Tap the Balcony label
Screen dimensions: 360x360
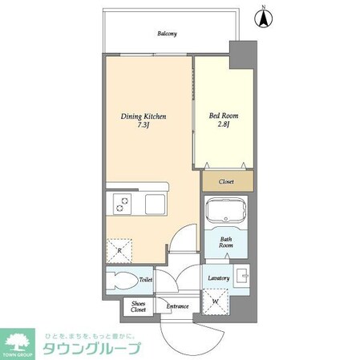coord(167,34)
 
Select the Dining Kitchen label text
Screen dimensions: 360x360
coord(143,116)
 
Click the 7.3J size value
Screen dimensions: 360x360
coord(143,127)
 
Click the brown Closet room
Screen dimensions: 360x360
coord(226,182)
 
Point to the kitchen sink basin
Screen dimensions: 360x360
coord(155,205)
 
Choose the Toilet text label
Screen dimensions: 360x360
coord(145,281)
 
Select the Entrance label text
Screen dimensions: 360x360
coord(177,306)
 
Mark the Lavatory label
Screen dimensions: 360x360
coord(218,278)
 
